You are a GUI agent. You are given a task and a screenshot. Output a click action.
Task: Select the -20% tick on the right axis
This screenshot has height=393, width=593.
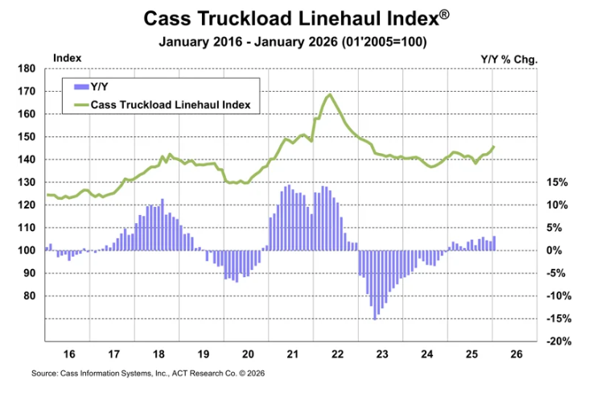pos(558,341)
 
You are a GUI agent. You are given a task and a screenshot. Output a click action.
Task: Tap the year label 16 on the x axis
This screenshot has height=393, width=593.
pos(69,354)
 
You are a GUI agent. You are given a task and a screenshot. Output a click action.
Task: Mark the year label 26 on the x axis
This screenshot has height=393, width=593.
pos(516,354)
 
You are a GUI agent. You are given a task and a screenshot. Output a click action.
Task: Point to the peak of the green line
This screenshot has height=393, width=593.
pos(329,95)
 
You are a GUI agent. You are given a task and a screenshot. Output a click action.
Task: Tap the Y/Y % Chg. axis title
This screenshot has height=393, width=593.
pos(509,59)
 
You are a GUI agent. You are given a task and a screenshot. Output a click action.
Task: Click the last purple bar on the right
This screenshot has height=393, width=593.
pos(494,243)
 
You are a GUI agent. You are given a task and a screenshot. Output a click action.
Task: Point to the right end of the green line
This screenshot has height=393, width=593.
pos(494,147)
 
